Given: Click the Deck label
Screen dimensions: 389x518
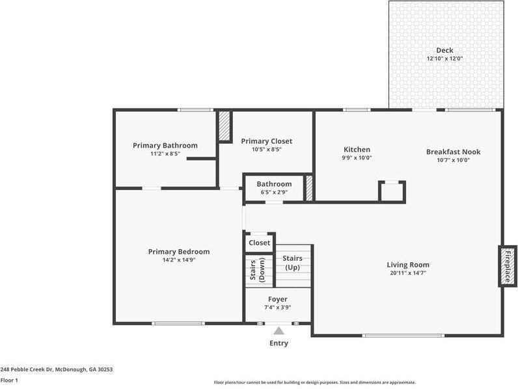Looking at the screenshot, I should pyautogui.click(x=444, y=50).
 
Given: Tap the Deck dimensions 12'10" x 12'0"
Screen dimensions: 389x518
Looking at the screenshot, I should pyautogui.click(x=444, y=59).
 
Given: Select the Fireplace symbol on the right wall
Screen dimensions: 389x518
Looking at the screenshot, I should pyautogui.click(x=508, y=265).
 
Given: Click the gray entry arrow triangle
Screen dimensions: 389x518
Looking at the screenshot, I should pyautogui.click(x=279, y=331).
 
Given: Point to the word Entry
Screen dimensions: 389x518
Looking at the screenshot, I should pyautogui.click(x=279, y=343).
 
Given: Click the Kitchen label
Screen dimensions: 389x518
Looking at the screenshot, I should pyautogui.click(x=357, y=150).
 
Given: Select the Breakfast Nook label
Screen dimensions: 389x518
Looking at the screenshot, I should pyautogui.click(x=453, y=152).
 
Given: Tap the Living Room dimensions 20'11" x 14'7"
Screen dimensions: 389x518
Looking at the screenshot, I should pyautogui.click(x=408, y=273).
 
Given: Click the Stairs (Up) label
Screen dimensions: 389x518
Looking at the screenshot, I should pyautogui.click(x=292, y=263).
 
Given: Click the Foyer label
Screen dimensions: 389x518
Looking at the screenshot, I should pyautogui.click(x=278, y=299).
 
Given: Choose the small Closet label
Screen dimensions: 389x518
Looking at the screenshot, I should pyautogui.click(x=259, y=243).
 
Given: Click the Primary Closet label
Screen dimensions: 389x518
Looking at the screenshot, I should pyautogui.click(x=266, y=141).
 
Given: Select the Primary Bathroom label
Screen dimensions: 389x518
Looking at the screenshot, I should pyautogui.click(x=165, y=145).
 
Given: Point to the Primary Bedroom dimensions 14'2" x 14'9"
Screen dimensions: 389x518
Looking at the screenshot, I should pyautogui.click(x=178, y=260).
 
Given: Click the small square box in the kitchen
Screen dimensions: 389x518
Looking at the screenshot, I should pyautogui.click(x=392, y=192).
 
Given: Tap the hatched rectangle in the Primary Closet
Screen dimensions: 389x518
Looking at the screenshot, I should pyautogui.click(x=225, y=127).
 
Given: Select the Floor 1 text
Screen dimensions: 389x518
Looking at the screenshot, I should pyautogui.click(x=9, y=380).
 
